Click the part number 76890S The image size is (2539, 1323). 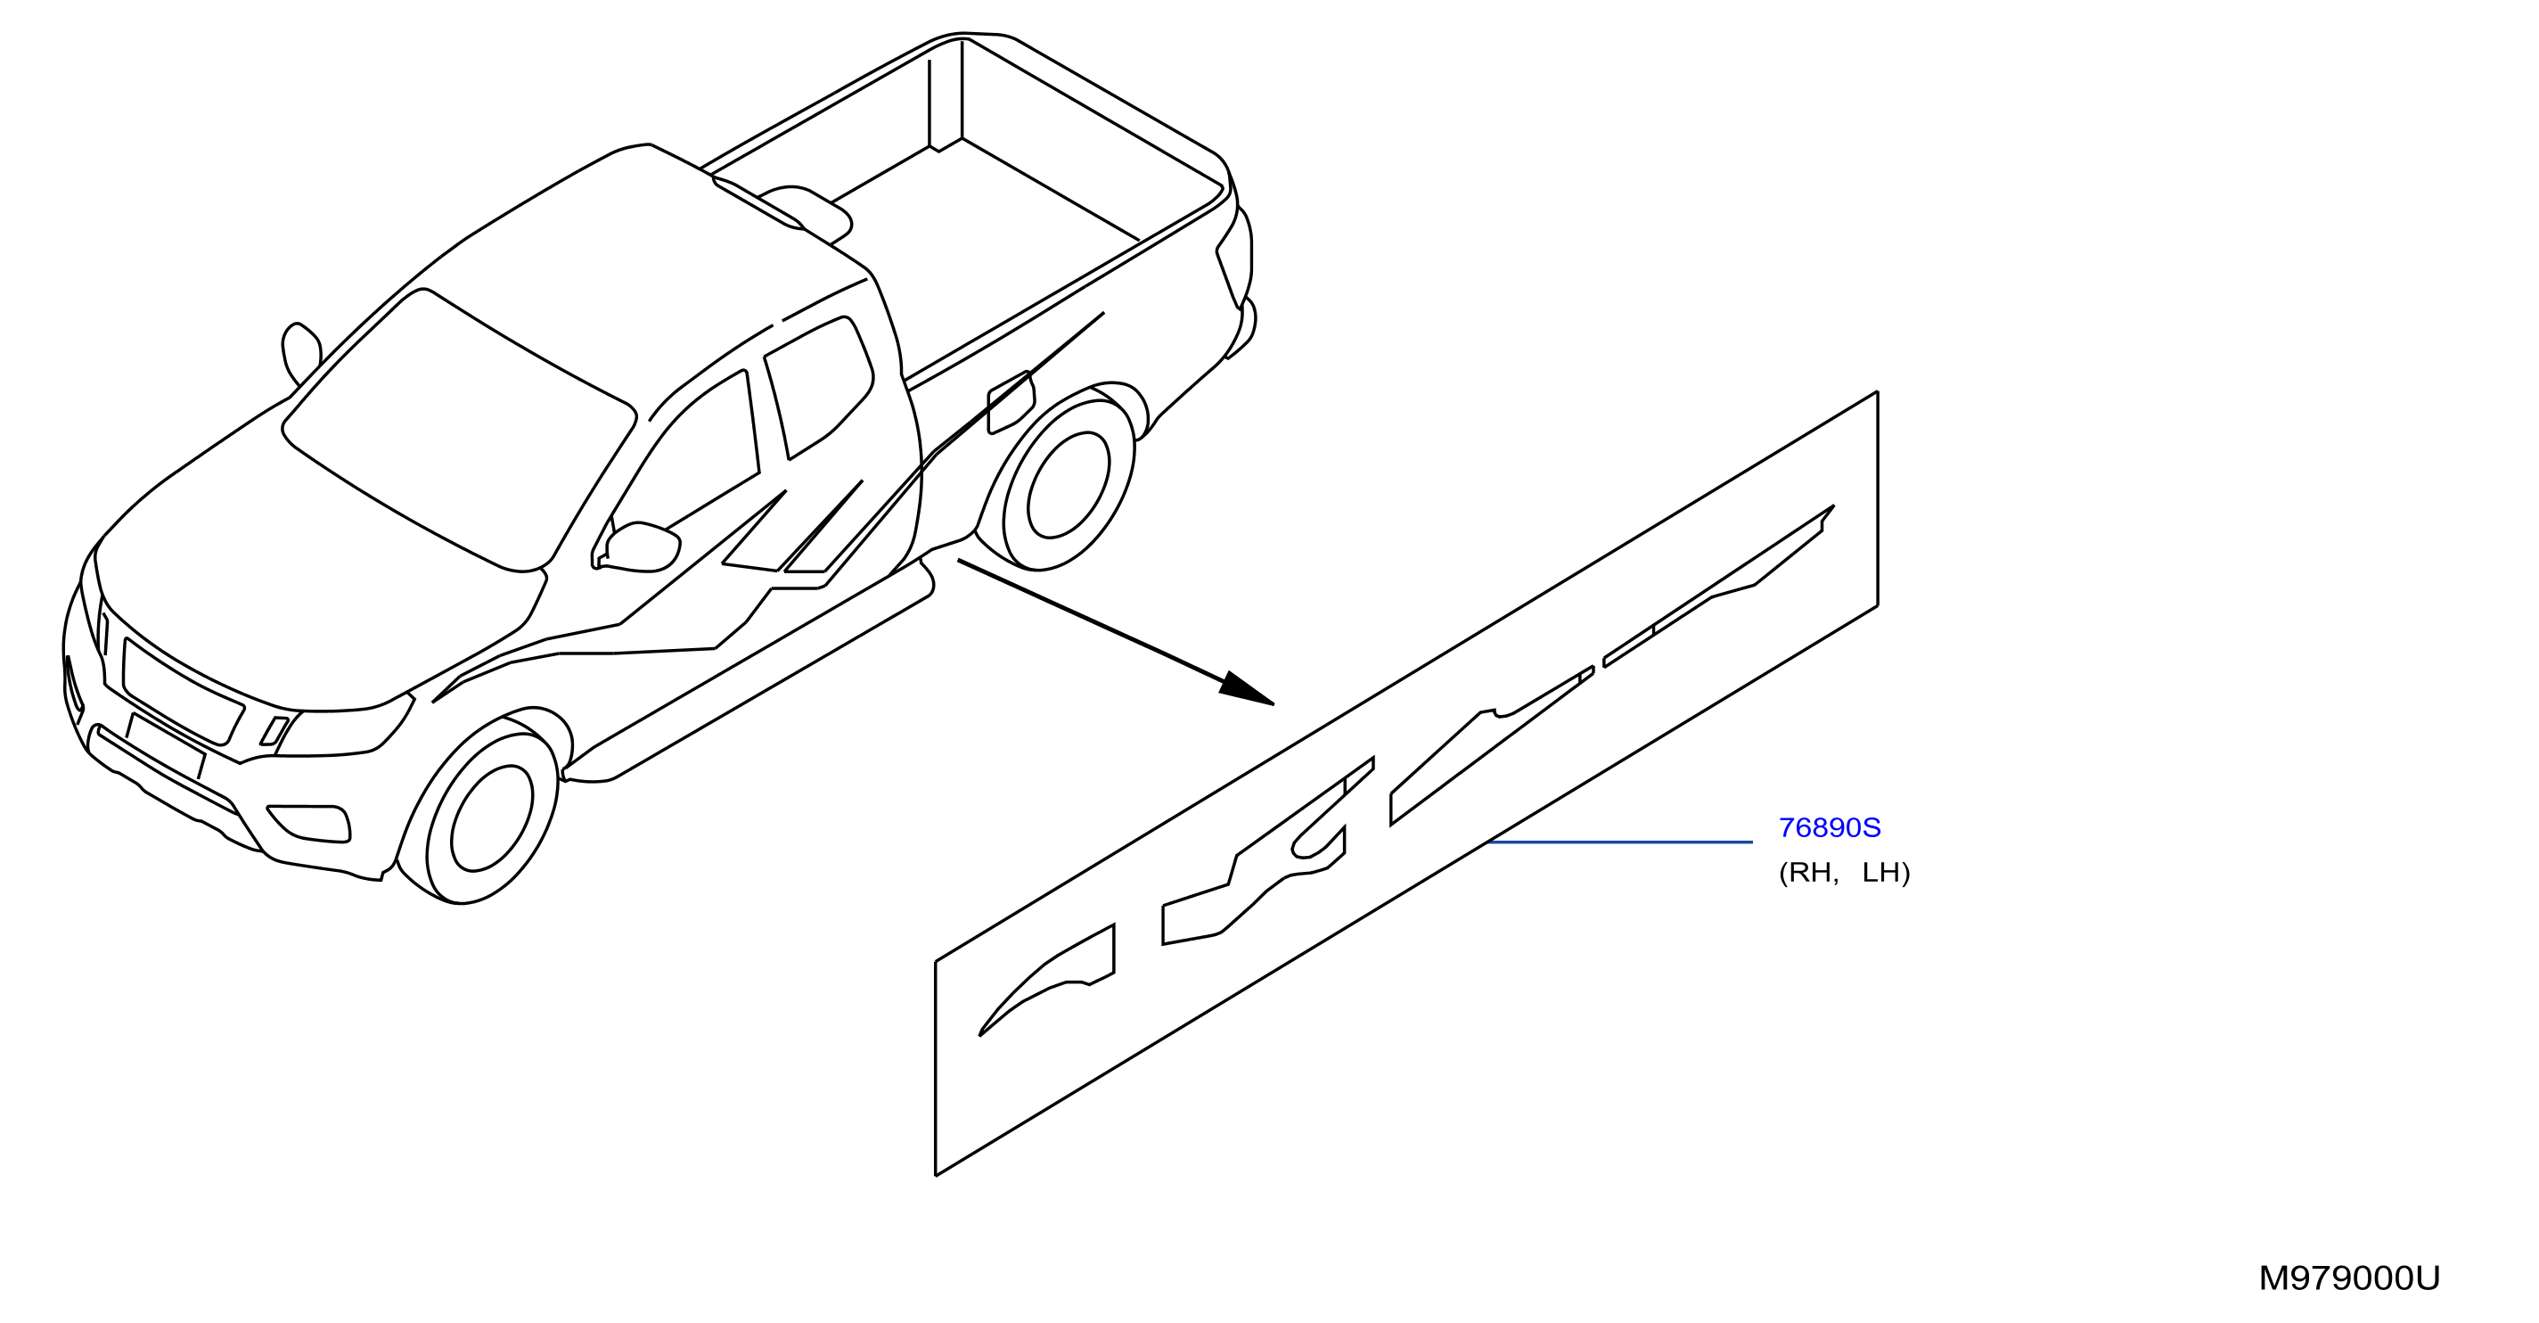point(1830,828)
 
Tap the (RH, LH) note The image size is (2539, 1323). point(1844,874)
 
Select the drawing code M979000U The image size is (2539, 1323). point(2349,1278)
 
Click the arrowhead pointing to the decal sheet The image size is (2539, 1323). point(1246,688)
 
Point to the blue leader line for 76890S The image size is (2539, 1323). point(1620,842)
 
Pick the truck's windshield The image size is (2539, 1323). point(459,431)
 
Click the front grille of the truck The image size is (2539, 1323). point(184,692)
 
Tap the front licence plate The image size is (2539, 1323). point(166,745)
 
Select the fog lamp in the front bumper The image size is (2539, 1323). point(309,824)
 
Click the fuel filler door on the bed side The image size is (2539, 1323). point(1012,402)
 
